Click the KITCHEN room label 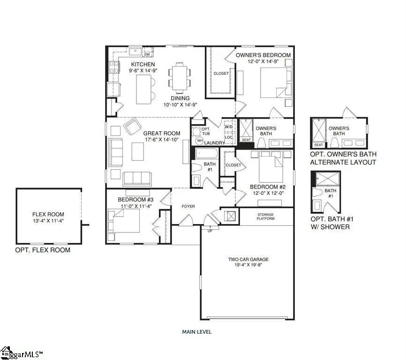click(x=143, y=64)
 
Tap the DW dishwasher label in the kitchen click(x=147, y=55)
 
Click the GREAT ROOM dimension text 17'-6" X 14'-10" click(x=162, y=140)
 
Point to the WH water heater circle click(x=200, y=141)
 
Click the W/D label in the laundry click(x=229, y=127)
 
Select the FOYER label click(x=188, y=206)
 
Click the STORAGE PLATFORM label click(x=265, y=217)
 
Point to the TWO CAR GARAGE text click(x=248, y=259)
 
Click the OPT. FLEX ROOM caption click(x=43, y=250)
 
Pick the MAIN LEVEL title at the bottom click(x=196, y=331)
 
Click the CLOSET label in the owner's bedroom click(x=221, y=74)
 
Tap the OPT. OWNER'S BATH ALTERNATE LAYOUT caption click(x=343, y=158)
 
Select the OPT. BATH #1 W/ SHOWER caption click(x=331, y=223)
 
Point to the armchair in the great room click(x=133, y=126)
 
